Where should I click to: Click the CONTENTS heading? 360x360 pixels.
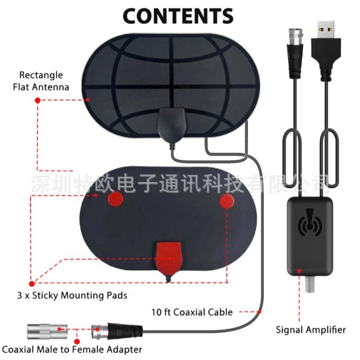click(178, 16)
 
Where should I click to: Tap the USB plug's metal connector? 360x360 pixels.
click(325, 30)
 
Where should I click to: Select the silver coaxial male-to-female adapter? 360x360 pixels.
click(48, 331)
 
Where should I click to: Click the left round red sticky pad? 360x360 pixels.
click(116, 199)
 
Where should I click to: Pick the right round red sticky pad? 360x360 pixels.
click(227, 201)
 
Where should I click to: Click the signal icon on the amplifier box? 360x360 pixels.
click(310, 222)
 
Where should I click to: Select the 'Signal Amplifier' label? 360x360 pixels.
click(310, 330)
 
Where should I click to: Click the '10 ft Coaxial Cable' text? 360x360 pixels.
click(192, 312)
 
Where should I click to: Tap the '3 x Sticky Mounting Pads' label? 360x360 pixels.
click(72, 295)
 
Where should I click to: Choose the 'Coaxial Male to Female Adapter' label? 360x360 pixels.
click(72, 350)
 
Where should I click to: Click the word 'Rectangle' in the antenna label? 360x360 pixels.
click(41, 75)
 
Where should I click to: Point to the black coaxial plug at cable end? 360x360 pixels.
click(117, 330)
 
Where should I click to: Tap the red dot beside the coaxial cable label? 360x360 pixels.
click(259, 312)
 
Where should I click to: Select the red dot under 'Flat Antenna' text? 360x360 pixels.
click(38, 100)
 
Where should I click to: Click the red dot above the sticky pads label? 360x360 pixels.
click(32, 284)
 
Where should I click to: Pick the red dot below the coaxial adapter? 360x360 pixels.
click(77, 342)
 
